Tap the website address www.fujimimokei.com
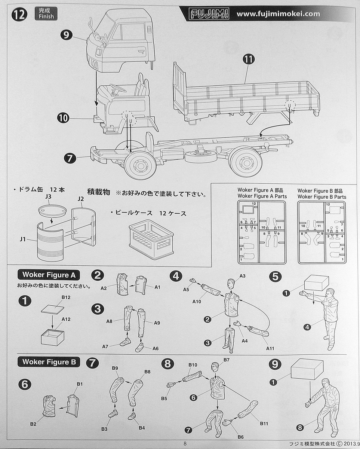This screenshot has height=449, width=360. (278, 14)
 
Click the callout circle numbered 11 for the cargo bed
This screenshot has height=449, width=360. (248, 59)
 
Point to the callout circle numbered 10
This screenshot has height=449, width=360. (64, 119)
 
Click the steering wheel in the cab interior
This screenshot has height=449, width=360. (117, 89)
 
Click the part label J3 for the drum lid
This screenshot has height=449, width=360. (47, 196)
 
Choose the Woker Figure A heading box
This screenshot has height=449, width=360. (48, 275)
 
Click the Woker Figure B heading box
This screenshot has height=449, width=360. (49, 362)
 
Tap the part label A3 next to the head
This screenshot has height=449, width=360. (242, 276)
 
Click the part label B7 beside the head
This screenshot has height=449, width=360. (227, 360)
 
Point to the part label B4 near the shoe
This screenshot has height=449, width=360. (142, 428)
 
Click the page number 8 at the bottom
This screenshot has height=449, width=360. (185, 444)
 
